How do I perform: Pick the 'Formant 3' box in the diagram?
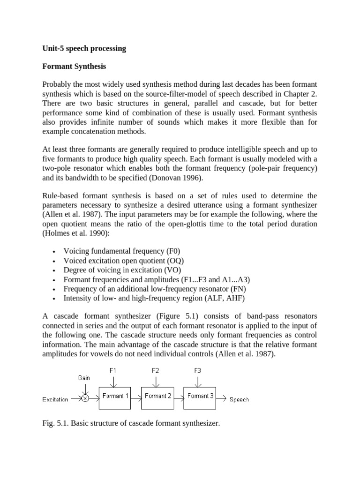click(x=200, y=396)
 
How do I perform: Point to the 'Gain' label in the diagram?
click(x=84, y=377)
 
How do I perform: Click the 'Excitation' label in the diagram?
click(x=55, y=399)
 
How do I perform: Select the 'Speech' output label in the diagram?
click(x=239, y=400)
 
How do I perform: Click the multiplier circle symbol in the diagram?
click(x=85, y=399)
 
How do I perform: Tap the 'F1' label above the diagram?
click(x=113, y=370)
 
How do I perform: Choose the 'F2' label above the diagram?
click(x=155, y=370)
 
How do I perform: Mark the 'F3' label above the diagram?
click(x=197, y=370)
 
